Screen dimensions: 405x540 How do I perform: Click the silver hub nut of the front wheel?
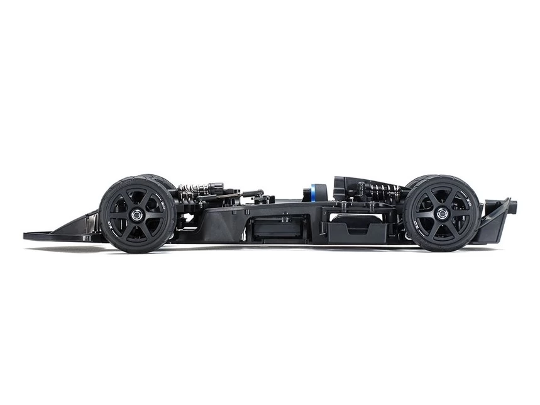click(137, 215)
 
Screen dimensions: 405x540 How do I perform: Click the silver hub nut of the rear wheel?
click(441, 213)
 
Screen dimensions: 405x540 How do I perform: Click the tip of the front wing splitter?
click(27, 236)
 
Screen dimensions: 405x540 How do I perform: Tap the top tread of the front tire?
click(137, 179)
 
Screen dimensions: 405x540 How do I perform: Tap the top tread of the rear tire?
click(441, 177)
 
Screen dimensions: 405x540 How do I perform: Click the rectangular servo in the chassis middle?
click(277, 228)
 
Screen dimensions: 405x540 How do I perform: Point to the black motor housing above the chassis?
click(350, 185)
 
